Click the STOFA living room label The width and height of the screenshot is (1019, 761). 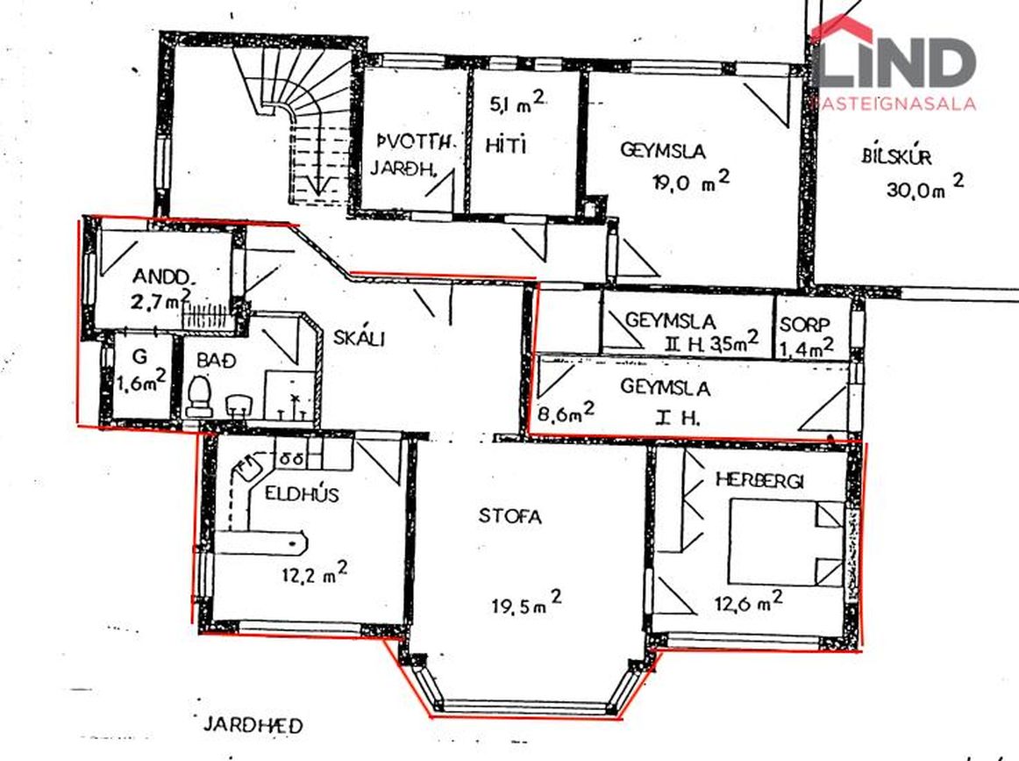(x=510, y=516)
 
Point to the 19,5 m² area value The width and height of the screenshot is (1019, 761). (x=526, y=601)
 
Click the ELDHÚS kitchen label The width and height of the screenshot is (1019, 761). (x=303, y=493)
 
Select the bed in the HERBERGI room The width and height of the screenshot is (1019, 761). (x=787, y=542)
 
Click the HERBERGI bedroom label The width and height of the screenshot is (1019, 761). (x=759, y=480)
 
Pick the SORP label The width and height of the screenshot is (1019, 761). (x=805, y=326)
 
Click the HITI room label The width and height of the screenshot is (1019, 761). (x=506, y=146)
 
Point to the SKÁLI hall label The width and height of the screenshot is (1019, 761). (x=360, y=338)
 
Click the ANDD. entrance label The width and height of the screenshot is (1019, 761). (x=163, y=276)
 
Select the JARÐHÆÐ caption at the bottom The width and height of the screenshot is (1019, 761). (x=253, y=725)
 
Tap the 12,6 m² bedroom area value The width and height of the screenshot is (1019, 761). (x=749, y=601)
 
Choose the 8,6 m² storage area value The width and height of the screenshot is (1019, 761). (x=566, y=413)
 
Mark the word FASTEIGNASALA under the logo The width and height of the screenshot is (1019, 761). (x=894, y=104)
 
